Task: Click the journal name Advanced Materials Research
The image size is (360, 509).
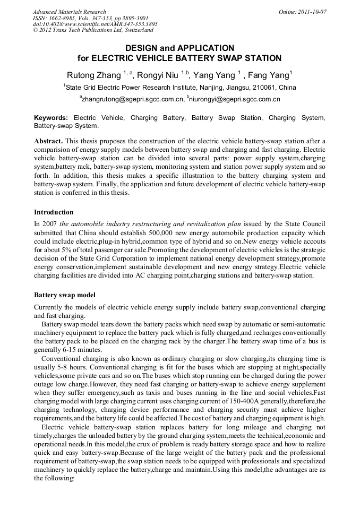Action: pos(69,12)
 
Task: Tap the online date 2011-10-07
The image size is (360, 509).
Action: pos(311,12)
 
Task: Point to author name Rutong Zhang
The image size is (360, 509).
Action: pos(94,75)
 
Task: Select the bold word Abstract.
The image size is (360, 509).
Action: pos(49,141)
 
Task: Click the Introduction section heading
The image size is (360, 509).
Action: pos(54,212)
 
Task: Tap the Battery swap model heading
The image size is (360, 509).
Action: pos(65,294)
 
